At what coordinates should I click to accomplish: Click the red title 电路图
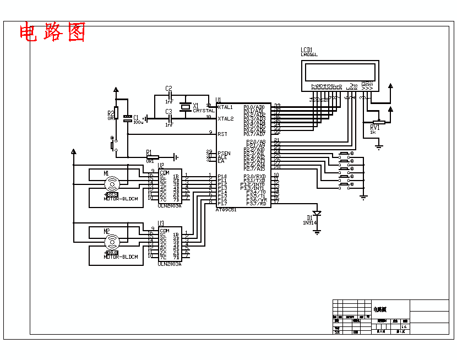pyautogui.click(x=53, y=33)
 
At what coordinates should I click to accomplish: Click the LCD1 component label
pyautogui.click(x=307, y=50)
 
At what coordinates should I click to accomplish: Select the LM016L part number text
pyautogui.click(x=309, y=54)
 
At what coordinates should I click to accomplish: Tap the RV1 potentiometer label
pyautogui.click(x=374, y=127)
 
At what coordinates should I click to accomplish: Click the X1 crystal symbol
pyautogui.click(x=186, y=106)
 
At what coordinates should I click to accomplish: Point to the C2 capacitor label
pyautogui.click(x=168, y=89)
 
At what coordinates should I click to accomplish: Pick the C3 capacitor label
pyautogui.click(x=168, y=112)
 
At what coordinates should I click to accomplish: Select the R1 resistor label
pyautogui.click(x=149, y=152)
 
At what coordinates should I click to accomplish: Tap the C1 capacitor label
pyautogui.click(x=136, y=117)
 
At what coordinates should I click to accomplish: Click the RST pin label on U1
pyautogui.click(x=222, y=134)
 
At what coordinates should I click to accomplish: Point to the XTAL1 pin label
pyautogui.click(x=225, y=107)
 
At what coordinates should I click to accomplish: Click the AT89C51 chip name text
pyautogui.click(x=226, y=210)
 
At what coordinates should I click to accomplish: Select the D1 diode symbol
pyautogui.click(x=317, y=213)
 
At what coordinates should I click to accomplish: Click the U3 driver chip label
pyautogui.click(x=161, y=223)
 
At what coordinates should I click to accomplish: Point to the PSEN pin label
pyautogui.click(x=224, y=153)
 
